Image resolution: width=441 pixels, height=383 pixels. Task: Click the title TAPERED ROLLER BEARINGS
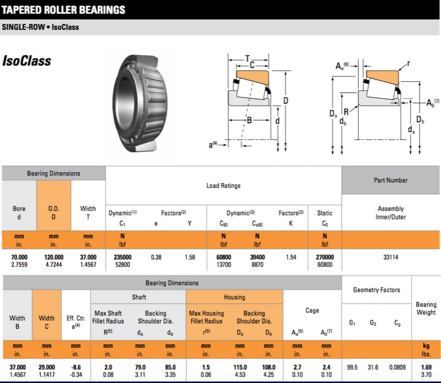pos(64,9)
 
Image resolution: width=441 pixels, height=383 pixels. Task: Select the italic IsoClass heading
pos(26,61)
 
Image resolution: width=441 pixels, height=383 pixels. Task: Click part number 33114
pos(390,257)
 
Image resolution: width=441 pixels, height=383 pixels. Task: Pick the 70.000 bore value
pos(19,257)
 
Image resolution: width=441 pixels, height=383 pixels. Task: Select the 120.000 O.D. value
pos(53,257)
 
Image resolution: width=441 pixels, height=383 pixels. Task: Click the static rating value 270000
pos(324,257)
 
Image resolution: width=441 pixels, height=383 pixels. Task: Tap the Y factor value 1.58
pos(190,257)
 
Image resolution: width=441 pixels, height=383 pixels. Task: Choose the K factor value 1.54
pos(291,257)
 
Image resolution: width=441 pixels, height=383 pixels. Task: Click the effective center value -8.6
pos(76,367)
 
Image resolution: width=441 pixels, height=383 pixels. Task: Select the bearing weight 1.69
pos(426,367)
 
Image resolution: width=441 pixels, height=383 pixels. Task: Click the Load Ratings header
pos(223,185)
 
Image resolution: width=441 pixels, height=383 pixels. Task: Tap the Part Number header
pos(390,180)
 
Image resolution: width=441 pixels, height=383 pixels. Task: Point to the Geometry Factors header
pos(376,290)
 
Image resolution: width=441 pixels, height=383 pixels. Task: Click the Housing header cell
pos(234,297)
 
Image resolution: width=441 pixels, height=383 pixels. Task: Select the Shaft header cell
pos(138,297)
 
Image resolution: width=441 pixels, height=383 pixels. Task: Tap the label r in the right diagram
pos(408,64)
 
